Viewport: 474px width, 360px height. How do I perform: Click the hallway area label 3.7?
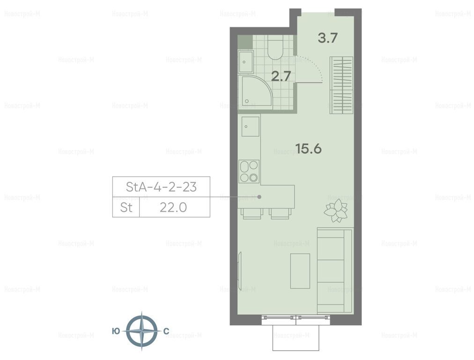328,38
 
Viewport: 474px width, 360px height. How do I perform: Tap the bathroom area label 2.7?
281,76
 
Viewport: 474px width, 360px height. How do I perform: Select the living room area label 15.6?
308,149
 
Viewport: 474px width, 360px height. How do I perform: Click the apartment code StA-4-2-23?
161,187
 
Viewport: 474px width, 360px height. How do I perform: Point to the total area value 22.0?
173,208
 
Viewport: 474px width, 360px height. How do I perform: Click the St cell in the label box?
126,208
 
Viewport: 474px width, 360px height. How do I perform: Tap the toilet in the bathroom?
275,46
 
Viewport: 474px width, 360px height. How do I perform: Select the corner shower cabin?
255,91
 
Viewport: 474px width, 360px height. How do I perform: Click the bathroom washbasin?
246,62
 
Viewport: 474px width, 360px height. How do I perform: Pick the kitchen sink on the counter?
250,126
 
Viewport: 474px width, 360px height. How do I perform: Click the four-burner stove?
249,172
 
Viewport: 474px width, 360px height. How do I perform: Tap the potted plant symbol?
336,210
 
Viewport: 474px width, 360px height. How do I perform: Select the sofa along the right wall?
334,271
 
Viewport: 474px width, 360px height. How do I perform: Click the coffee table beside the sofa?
300,271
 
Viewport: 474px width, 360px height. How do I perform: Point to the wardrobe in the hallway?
341,85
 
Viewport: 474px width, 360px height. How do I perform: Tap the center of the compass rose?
141,330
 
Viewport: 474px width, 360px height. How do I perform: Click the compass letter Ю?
116,331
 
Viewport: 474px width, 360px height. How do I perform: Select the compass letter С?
166,331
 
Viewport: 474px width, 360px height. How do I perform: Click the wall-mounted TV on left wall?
240,271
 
